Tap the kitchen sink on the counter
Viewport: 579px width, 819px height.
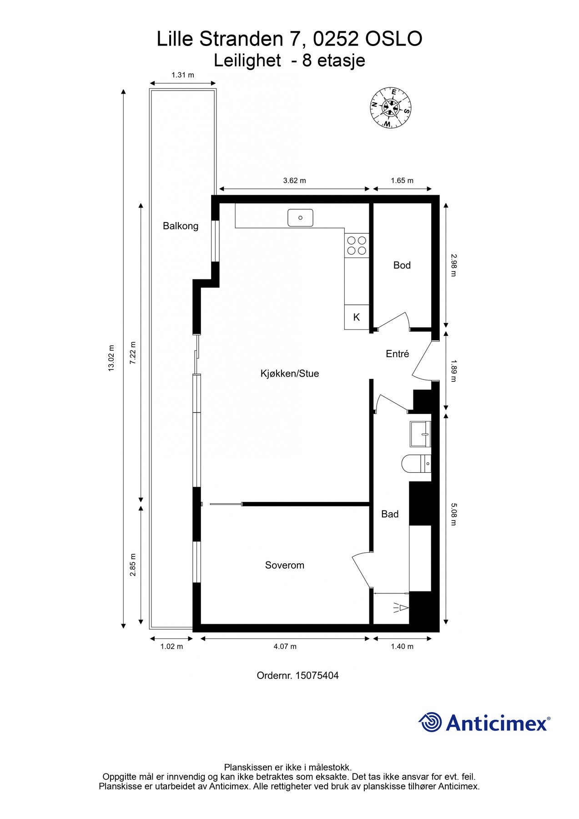coord(300,217)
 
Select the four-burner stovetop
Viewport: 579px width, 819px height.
coord(356,245)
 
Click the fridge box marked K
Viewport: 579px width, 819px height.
coord(356,317)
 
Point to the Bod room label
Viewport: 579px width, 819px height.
coord(402,265)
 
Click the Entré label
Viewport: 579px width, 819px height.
coord(397,354)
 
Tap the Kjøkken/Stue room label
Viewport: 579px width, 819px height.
coord(289,374)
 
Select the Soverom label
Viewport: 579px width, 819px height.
coord(284,565)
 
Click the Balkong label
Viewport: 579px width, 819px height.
coord(181,226)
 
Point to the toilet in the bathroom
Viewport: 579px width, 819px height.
coord(415,464)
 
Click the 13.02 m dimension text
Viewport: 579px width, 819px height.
coord(111,358)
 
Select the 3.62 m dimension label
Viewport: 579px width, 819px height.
coord(294,181)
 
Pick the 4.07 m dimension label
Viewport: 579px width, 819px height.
coord(285,647)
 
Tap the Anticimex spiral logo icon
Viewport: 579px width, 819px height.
coord(430,722)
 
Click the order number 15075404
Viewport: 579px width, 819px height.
coord(317,676)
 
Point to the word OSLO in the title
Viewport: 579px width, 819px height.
coord(394,39)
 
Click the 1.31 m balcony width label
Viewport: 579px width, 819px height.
coord(182,75)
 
